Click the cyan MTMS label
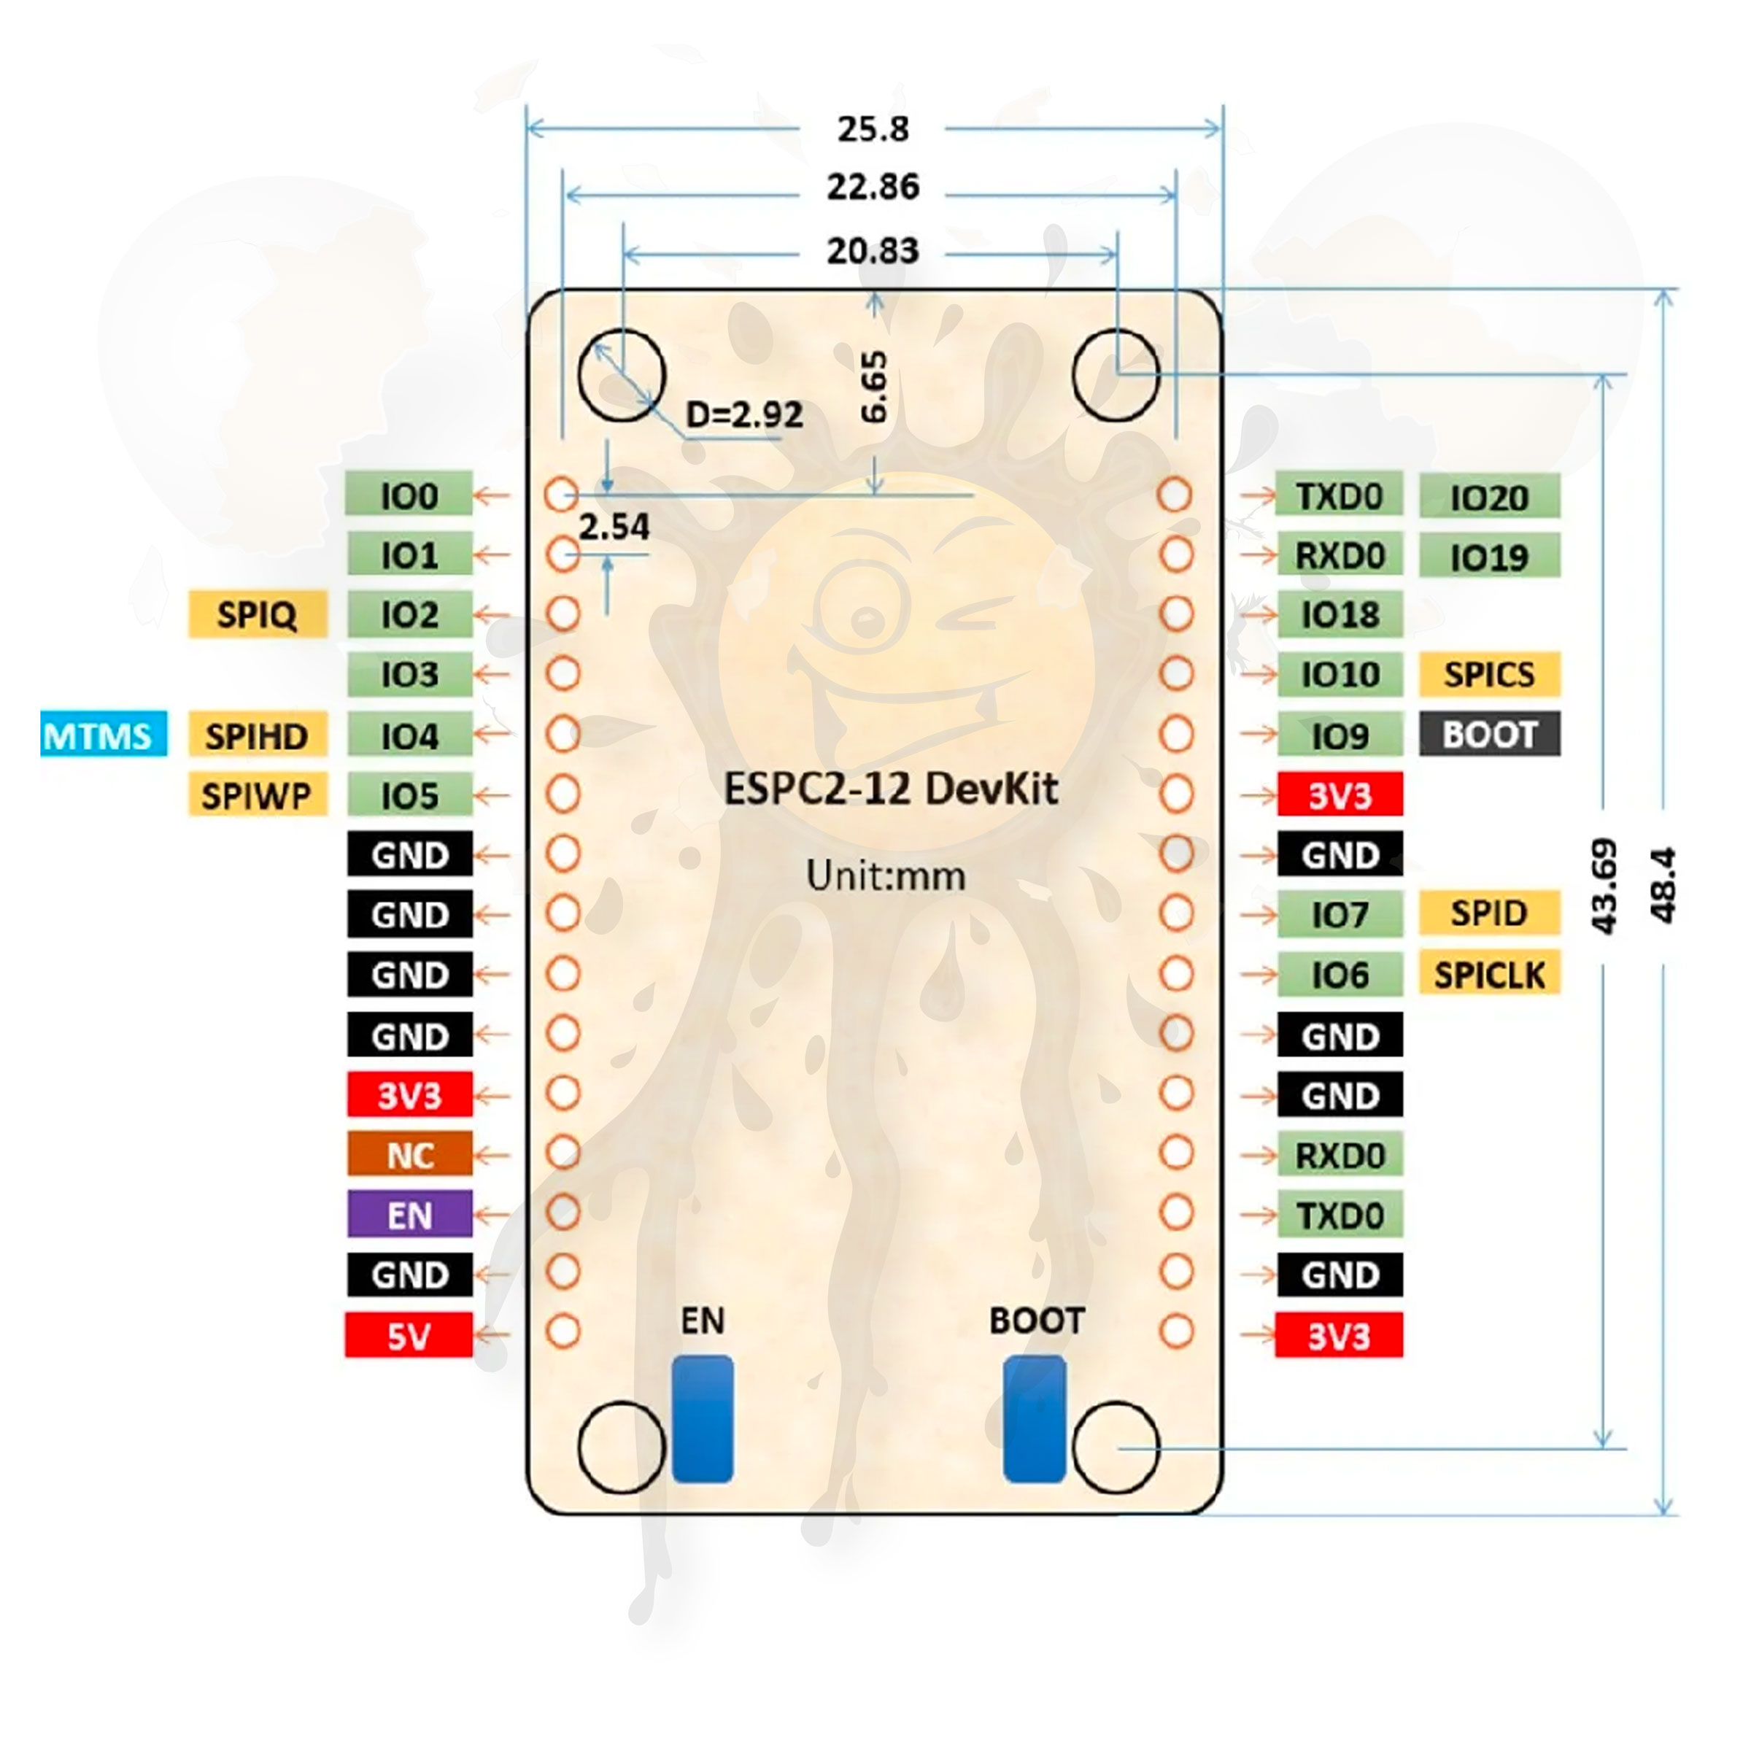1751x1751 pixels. (104, 735)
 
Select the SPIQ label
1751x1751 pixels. (258, 614)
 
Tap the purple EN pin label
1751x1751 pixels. (409, 1215)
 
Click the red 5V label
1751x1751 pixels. (409, 1336)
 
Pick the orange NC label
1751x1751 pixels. (409, 1156)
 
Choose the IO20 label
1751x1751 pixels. (1489, 497)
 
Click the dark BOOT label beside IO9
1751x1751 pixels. (1489, 734)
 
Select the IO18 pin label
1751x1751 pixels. (1340, 614)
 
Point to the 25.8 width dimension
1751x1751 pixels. (873, 128)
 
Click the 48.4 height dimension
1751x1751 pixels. (1663, 886)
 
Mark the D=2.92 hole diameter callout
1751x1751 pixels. (744, 415)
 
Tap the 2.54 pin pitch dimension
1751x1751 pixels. (614, 527)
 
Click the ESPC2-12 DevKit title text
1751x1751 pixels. (890, 789)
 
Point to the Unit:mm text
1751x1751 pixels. (886, 876)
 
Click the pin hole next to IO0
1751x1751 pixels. (562, 495)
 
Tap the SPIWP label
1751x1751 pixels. (258, 795)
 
